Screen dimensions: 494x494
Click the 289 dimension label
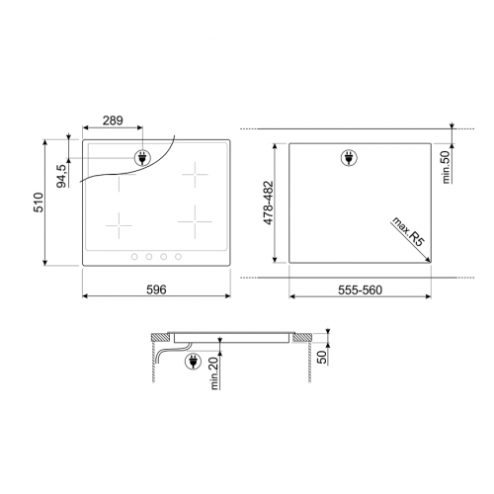tap(113, 121)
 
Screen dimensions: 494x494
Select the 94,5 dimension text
tap(62, 176)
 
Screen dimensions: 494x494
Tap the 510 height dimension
tap(39, 203)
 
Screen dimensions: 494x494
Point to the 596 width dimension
tap(156, 289)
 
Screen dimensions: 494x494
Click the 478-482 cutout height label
tap(269, 203)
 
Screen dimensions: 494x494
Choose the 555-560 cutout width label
tap(361, 290)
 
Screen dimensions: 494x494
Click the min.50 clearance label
tap(446, 167)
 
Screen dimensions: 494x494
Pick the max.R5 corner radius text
tap(408, 231)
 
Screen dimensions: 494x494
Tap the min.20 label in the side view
tap(214, 373)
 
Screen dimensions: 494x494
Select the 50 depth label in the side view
tap(323, 358)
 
